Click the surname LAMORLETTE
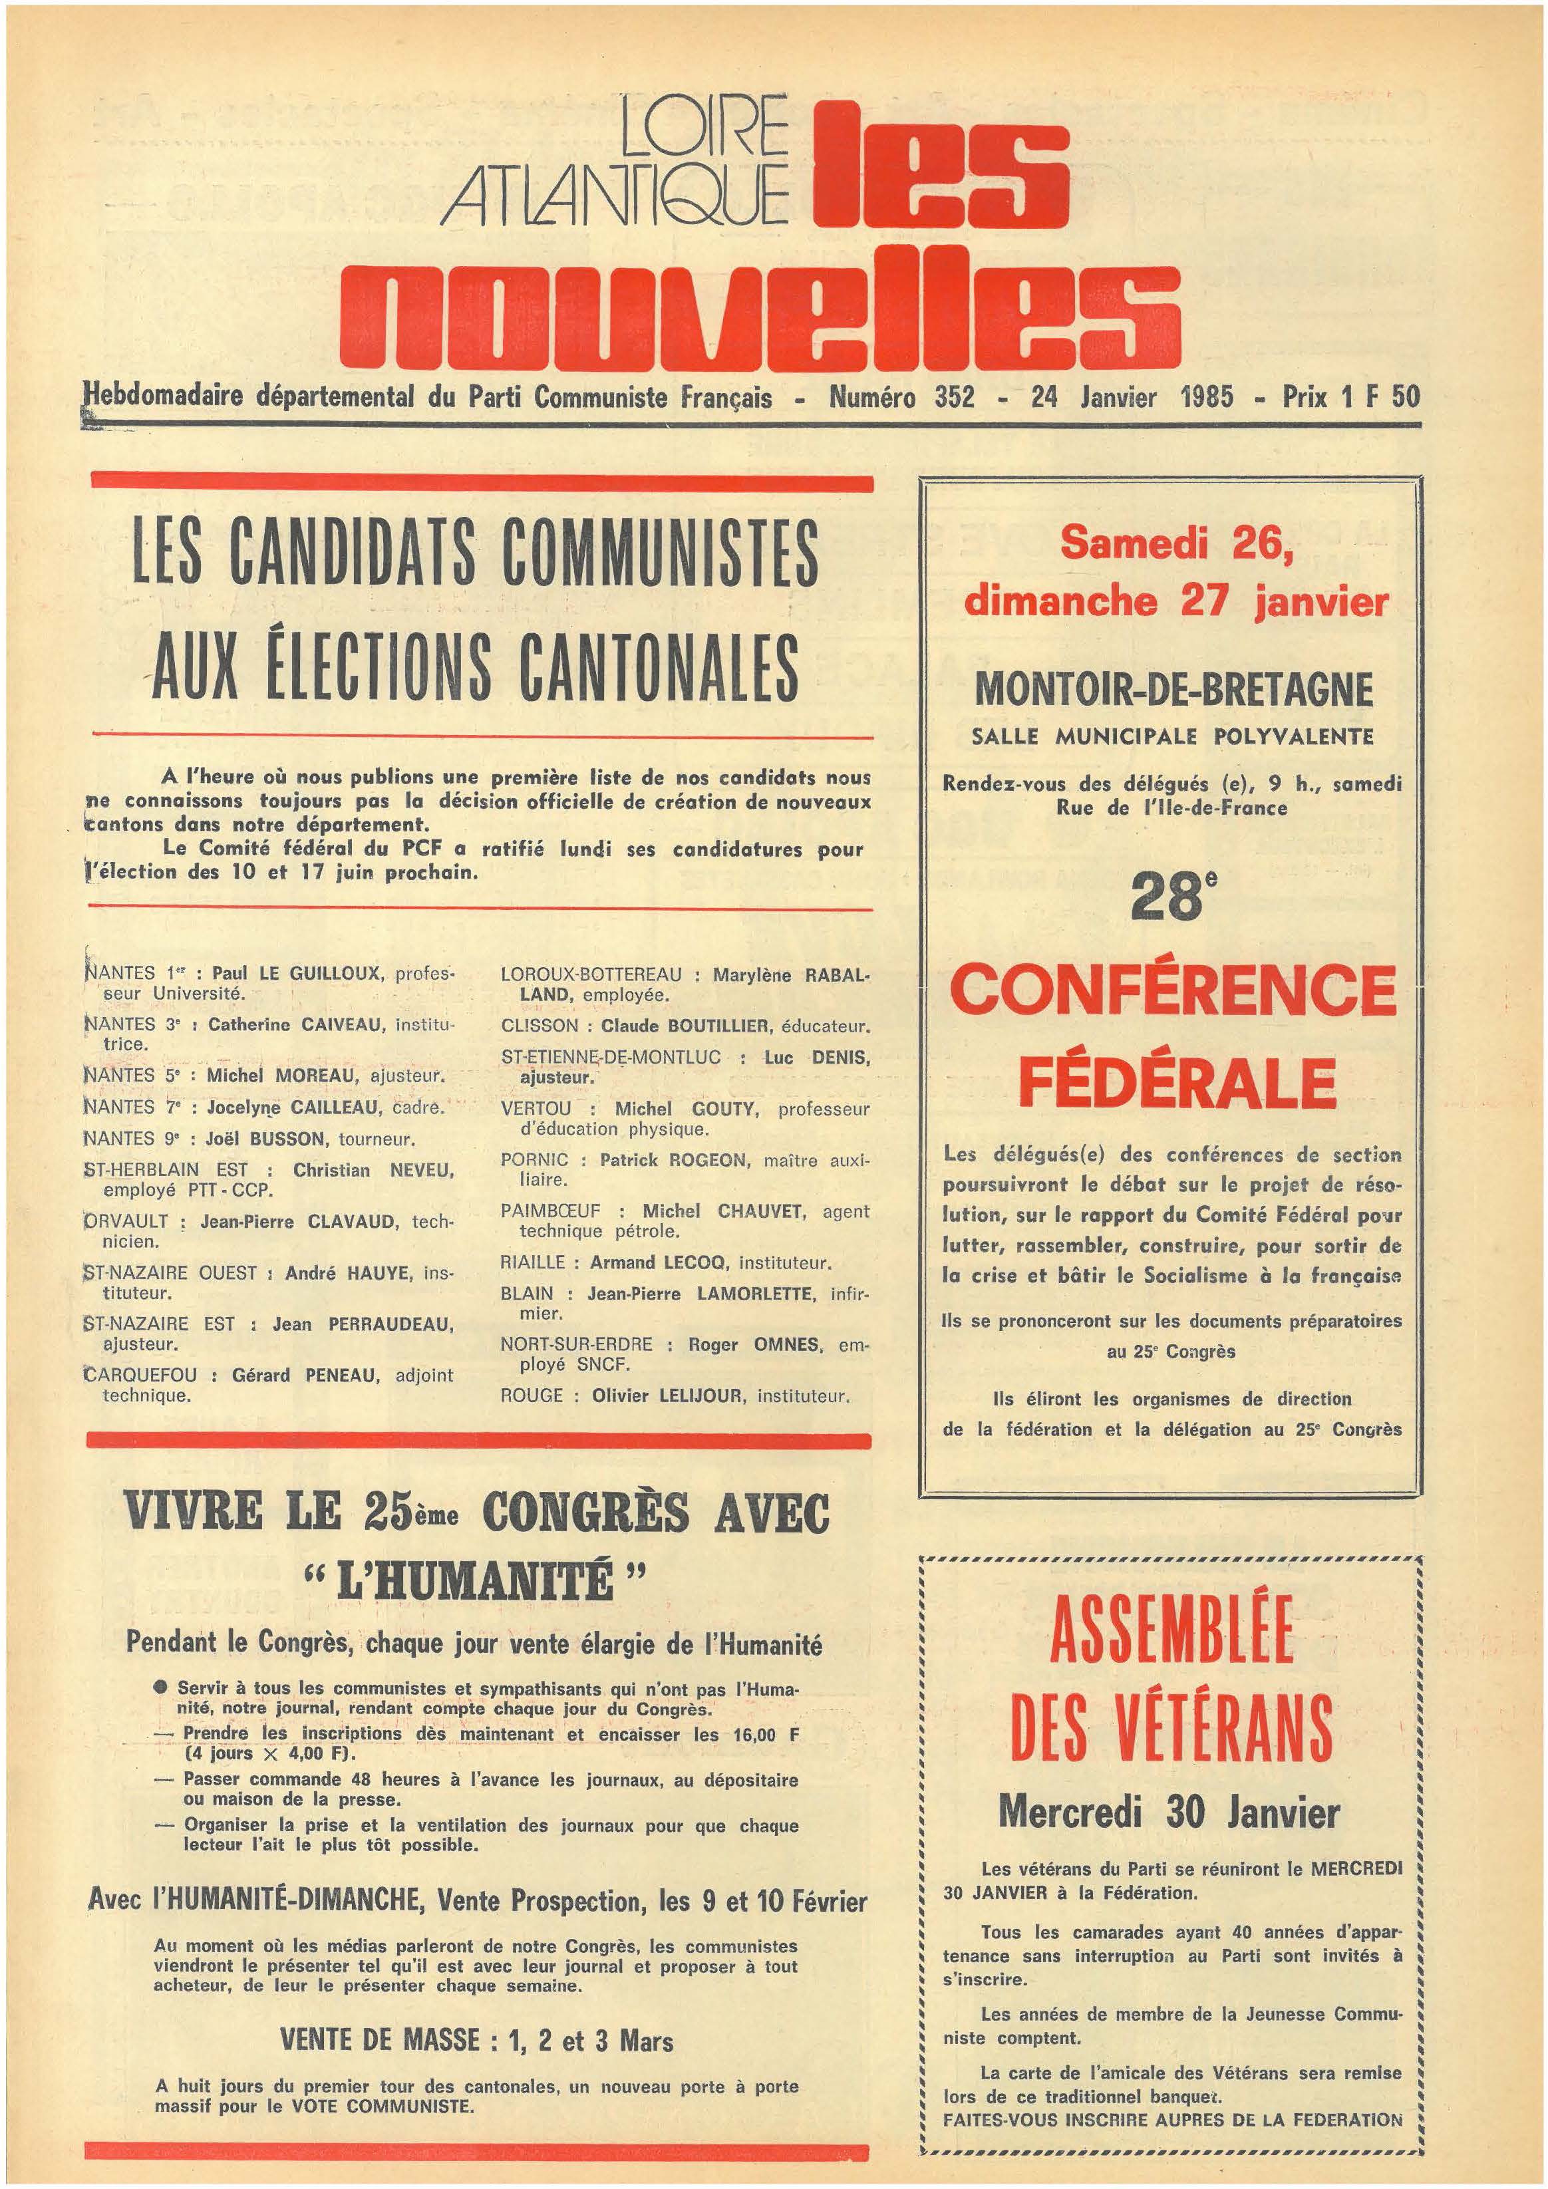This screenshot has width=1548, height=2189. (x=752, y=1294)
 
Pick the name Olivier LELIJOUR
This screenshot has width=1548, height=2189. (x=670, y=1395)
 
